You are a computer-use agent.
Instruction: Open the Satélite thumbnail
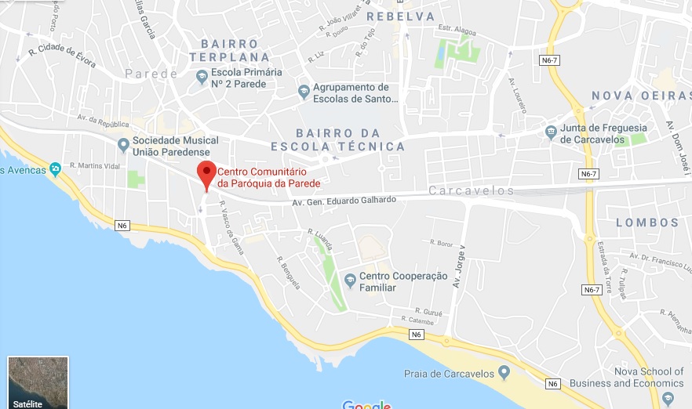coord(38,382)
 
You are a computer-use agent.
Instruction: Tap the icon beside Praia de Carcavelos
coord(504,371)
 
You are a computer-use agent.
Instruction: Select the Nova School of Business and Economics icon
coord(668,398)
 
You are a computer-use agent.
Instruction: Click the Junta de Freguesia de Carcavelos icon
coord(552,132)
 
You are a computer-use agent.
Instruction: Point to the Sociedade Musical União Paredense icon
coord(123,145)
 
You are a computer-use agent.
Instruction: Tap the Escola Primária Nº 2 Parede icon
coord(202,76)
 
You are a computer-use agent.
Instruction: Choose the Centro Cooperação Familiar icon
coord(350,279)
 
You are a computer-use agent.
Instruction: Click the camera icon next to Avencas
coord(55,168)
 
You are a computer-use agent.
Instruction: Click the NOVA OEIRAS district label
coord(641,96)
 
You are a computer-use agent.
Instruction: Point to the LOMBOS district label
coord(647,223)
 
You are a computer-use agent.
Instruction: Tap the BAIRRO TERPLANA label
coord(229,50)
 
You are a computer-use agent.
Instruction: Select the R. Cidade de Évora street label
coord(62,56)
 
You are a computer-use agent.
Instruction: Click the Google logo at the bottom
coord(366,404)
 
